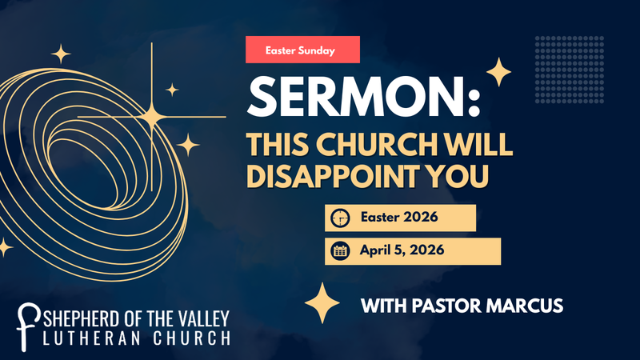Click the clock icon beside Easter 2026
(341, 218)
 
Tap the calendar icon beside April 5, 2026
(341, 250)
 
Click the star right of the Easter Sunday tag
(499, 73)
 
